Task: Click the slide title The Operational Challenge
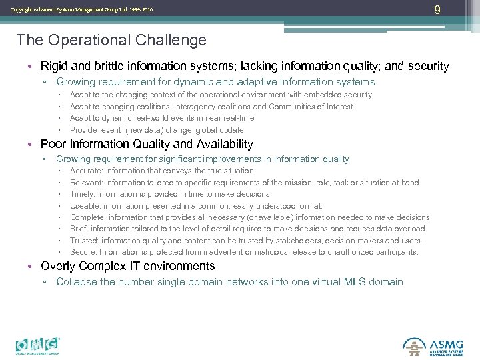click(x=111, y=40)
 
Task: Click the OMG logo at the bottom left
click(x=39, y=345)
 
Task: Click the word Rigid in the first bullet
click(x=54, y=66)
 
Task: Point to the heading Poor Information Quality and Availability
click(x=147, y=144)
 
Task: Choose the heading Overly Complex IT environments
click(x=127, y=266)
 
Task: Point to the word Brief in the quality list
click(x=79, y=229)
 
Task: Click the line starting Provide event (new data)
click(x=157, y=130)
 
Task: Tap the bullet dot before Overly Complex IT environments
click(x=32, y=267)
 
